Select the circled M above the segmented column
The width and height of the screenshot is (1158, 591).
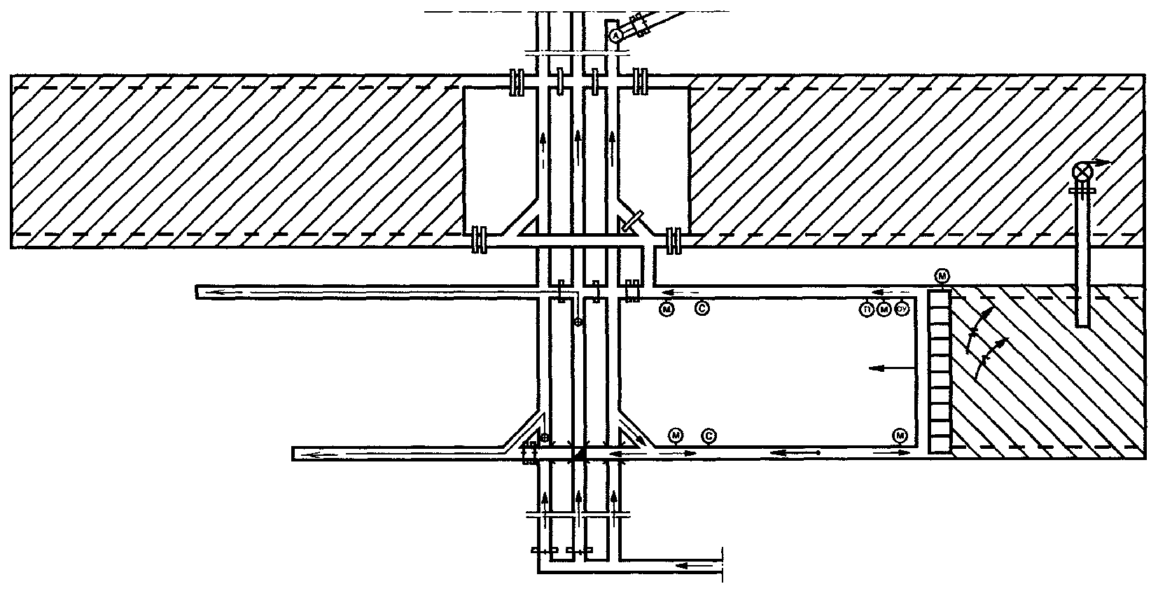tap(942, 277)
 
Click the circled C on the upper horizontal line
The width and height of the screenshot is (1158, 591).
tap(702, 307)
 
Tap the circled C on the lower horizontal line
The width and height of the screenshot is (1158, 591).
tap(709, 436)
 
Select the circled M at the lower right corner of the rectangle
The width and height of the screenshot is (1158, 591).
tap(900, 436)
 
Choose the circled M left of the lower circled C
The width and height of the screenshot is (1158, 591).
tap(676, 436)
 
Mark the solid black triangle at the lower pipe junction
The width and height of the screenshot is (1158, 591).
tap(579, 454)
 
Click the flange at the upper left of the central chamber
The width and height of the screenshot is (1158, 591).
tap(517, 81)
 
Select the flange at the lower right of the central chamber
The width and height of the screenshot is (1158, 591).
tap(674, 240)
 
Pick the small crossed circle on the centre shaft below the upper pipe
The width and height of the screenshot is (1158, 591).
tap(578, 322)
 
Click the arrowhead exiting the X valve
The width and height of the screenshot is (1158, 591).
tap(1103, 162)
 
